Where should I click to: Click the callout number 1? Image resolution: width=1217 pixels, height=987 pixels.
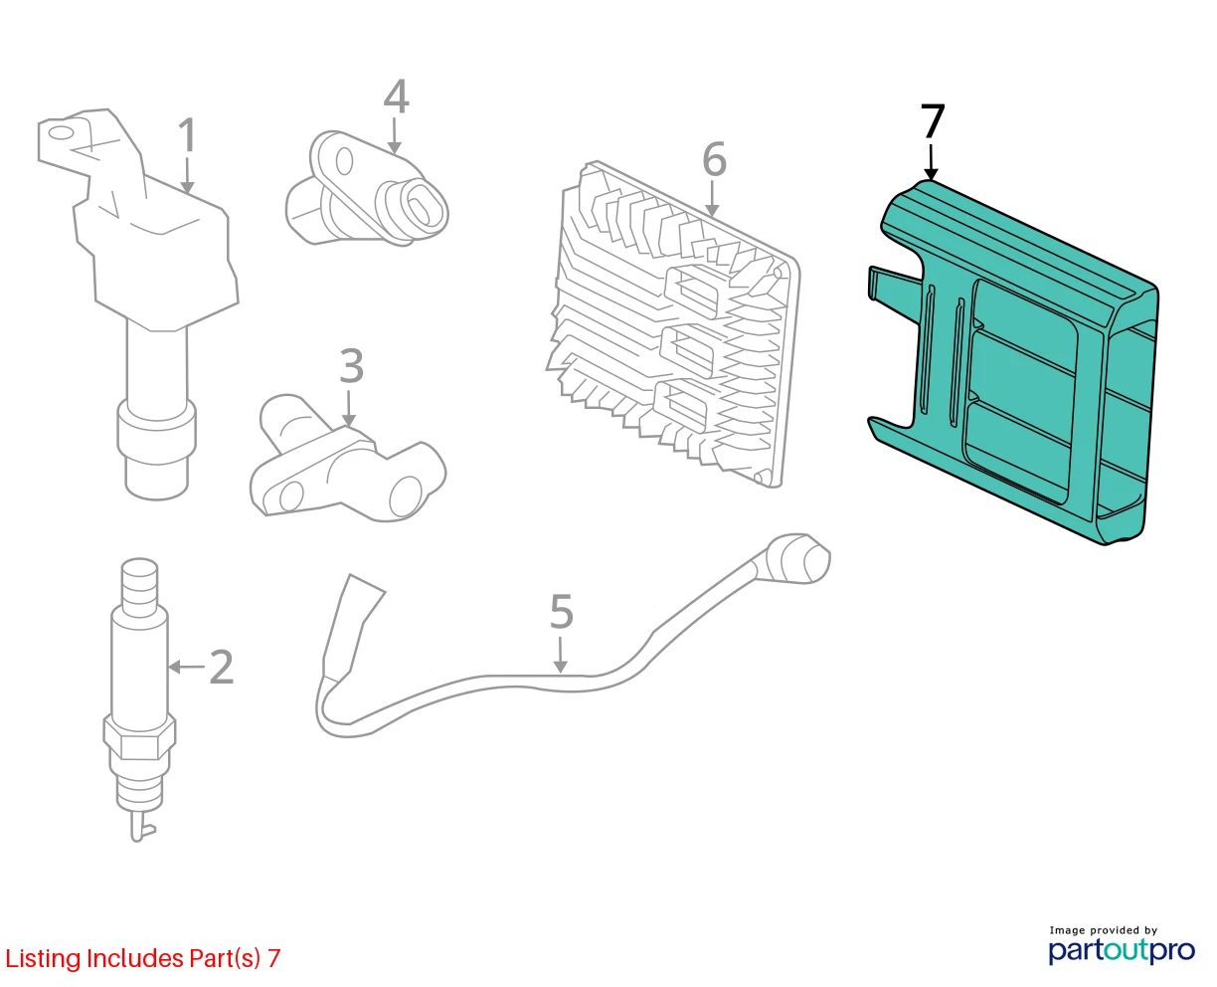187,135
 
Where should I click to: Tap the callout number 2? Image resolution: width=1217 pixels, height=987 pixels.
222,667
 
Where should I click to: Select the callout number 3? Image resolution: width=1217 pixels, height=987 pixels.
351,365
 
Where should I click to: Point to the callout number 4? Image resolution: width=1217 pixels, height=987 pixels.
396,97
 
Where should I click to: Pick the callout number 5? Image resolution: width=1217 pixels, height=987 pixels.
561,611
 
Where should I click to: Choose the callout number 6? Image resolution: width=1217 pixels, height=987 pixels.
714,159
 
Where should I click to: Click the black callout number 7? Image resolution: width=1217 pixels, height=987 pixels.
933,121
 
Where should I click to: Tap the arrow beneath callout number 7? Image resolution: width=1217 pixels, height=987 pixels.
932,163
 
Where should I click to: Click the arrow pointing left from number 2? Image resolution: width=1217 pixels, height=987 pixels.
186,667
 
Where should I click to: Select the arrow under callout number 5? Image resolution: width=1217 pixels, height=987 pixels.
561,656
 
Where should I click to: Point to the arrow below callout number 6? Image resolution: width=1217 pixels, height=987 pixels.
711,198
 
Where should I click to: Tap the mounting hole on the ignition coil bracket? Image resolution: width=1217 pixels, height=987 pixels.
61,134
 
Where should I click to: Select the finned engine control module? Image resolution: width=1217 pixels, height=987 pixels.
673,324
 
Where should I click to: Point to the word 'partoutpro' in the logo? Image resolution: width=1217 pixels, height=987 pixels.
1121,950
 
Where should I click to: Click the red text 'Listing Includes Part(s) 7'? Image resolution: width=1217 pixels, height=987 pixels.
143,958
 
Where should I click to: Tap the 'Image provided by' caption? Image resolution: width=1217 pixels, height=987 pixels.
1104,930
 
